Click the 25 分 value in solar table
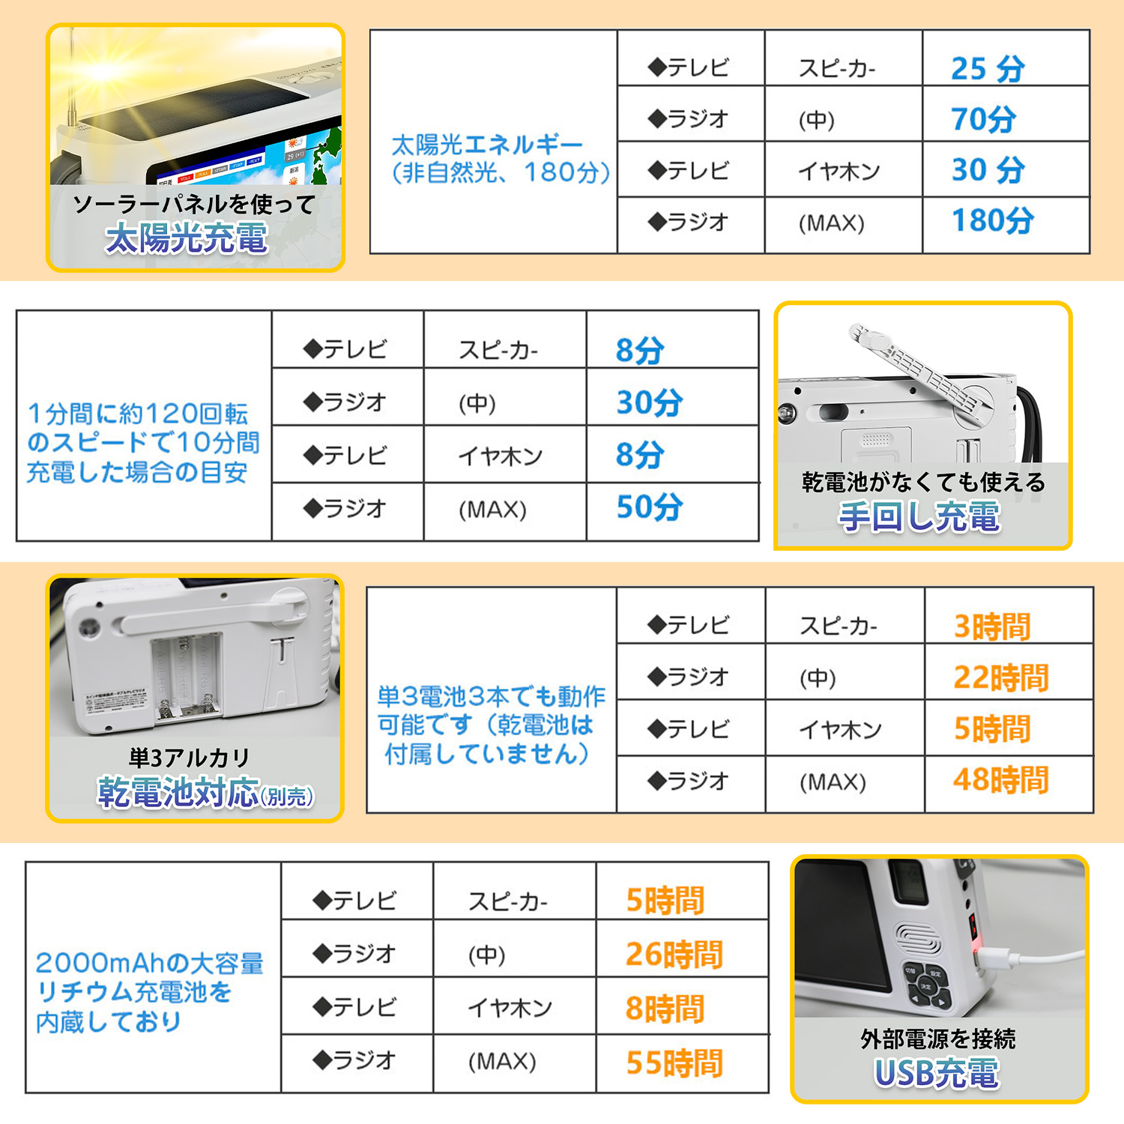[988, 68]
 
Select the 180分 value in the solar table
[992, 220]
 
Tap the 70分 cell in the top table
[983, 119]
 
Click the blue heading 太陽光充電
[187, 238]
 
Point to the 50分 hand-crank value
[649, 507]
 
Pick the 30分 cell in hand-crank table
[649, 402]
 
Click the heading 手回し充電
[919, 517]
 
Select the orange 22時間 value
[1000, 677]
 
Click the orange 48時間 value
[1000, 780]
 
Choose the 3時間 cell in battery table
[991, 626]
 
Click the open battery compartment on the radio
[187, 674]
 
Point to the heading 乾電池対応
[178, 792]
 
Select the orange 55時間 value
[674, 1063]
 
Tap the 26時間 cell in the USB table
[674, 955]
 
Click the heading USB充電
[937, 1073]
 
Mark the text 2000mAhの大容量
[149, 963]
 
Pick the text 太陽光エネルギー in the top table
[487, 145]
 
